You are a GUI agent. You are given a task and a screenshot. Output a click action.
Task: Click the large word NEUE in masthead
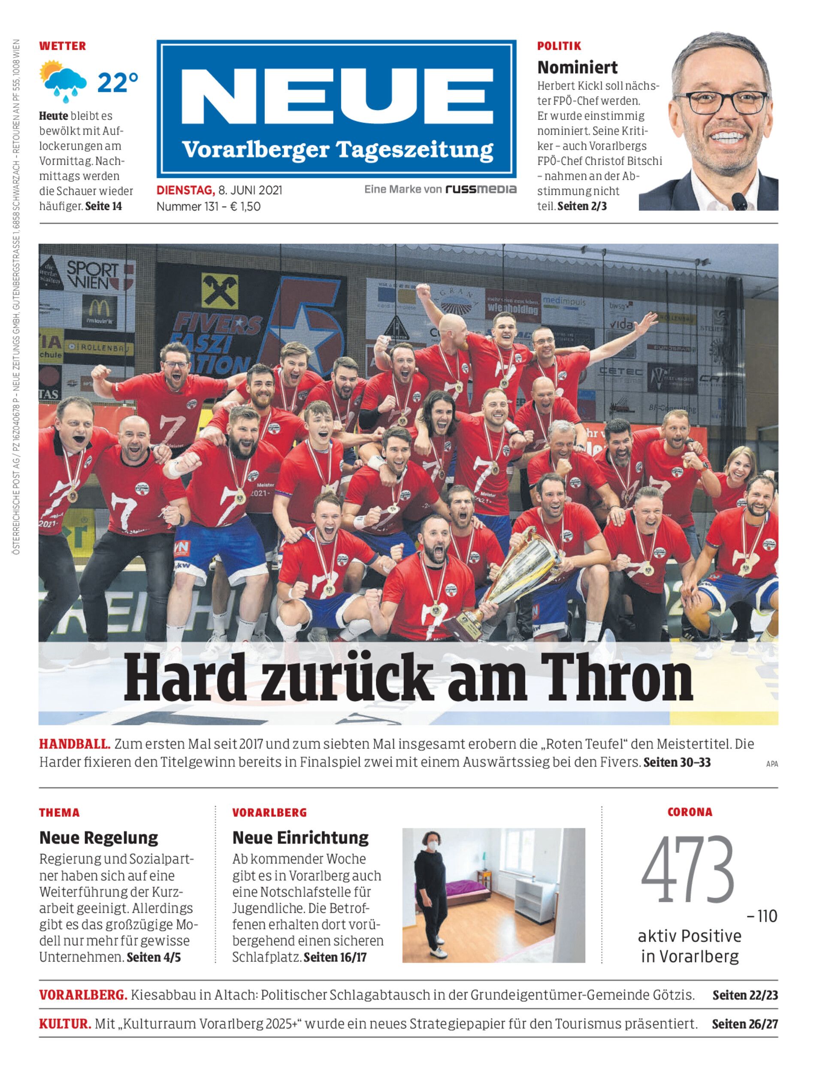point(336,95)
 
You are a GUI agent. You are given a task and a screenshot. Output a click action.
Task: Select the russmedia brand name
point(481,189)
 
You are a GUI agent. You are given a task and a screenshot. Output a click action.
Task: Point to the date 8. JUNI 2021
point(250,190)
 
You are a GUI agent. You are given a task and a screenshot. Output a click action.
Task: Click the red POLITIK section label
point(559,46)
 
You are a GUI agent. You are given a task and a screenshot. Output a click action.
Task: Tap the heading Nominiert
point(577,67)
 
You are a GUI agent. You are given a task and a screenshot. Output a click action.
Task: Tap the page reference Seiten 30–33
point(677,762)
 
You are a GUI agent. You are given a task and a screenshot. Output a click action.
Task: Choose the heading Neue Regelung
point(99,837)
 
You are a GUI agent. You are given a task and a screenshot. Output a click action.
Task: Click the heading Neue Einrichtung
point(300,837)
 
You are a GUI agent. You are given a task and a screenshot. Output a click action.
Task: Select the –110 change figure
point(762,916)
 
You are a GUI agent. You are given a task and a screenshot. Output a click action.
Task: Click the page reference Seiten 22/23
point(745,995)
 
